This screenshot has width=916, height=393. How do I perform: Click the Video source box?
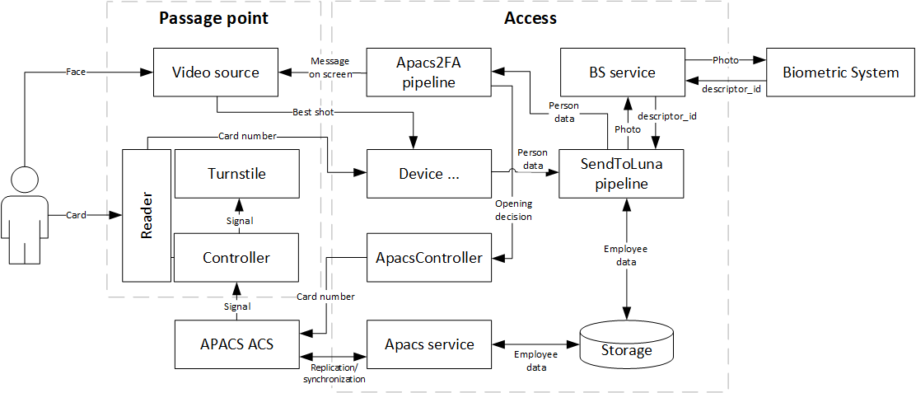point(216,73)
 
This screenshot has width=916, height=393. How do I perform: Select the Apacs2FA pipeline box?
point(428,73)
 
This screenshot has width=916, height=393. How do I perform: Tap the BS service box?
point(622,73)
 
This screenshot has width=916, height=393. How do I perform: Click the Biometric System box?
point(840,73)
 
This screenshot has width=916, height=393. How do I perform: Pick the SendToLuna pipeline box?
point(622,174)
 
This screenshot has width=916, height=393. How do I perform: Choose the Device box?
point(428,174)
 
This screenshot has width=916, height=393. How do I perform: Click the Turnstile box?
point(236,174)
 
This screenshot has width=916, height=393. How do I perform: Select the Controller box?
point(236,258)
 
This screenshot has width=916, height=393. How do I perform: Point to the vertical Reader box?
point(147,216)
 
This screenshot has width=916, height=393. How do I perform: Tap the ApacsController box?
point(428,258)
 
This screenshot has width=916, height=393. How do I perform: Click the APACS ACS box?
point(236,344)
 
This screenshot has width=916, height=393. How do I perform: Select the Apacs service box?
point(428,344)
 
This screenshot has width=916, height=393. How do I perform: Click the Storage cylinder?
point(626,349)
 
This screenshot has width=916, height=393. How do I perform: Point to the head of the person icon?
point(26,178)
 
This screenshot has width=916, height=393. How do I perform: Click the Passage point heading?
point(213,18)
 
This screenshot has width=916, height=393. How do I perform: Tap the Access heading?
point(530,18)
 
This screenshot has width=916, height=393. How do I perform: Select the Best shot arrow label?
point(313,112)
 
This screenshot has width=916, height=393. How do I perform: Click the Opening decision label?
point(513,210)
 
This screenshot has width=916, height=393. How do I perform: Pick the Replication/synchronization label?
point(334,373)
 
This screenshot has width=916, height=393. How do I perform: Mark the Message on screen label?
point(330,68)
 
